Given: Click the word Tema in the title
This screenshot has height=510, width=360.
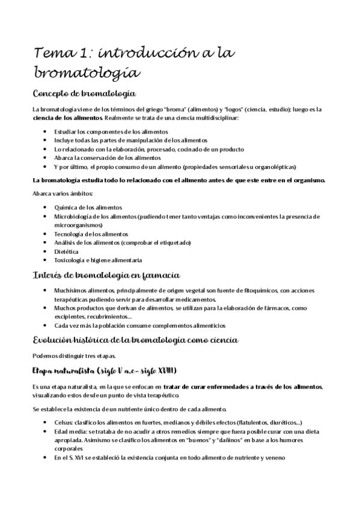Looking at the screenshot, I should click(53, 54).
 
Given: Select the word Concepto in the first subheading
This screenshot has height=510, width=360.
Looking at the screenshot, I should click(55, 94).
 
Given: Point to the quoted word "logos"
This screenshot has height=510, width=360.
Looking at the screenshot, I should click(236, 109).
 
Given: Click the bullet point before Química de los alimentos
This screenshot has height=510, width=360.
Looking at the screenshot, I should click(47, 206).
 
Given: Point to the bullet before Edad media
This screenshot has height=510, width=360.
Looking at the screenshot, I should click(47, 431).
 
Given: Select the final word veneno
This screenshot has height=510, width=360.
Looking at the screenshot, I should click(263, 456).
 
